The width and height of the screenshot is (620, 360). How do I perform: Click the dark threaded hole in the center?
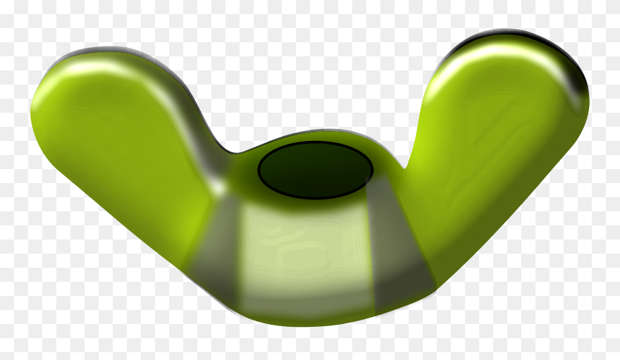(x=315, y=170)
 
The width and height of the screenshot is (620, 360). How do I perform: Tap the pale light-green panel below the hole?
(x=303, y=254)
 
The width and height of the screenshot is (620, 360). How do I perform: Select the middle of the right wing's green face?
(x=493, y=155)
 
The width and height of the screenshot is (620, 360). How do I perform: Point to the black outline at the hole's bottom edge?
(x=315, y=198)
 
